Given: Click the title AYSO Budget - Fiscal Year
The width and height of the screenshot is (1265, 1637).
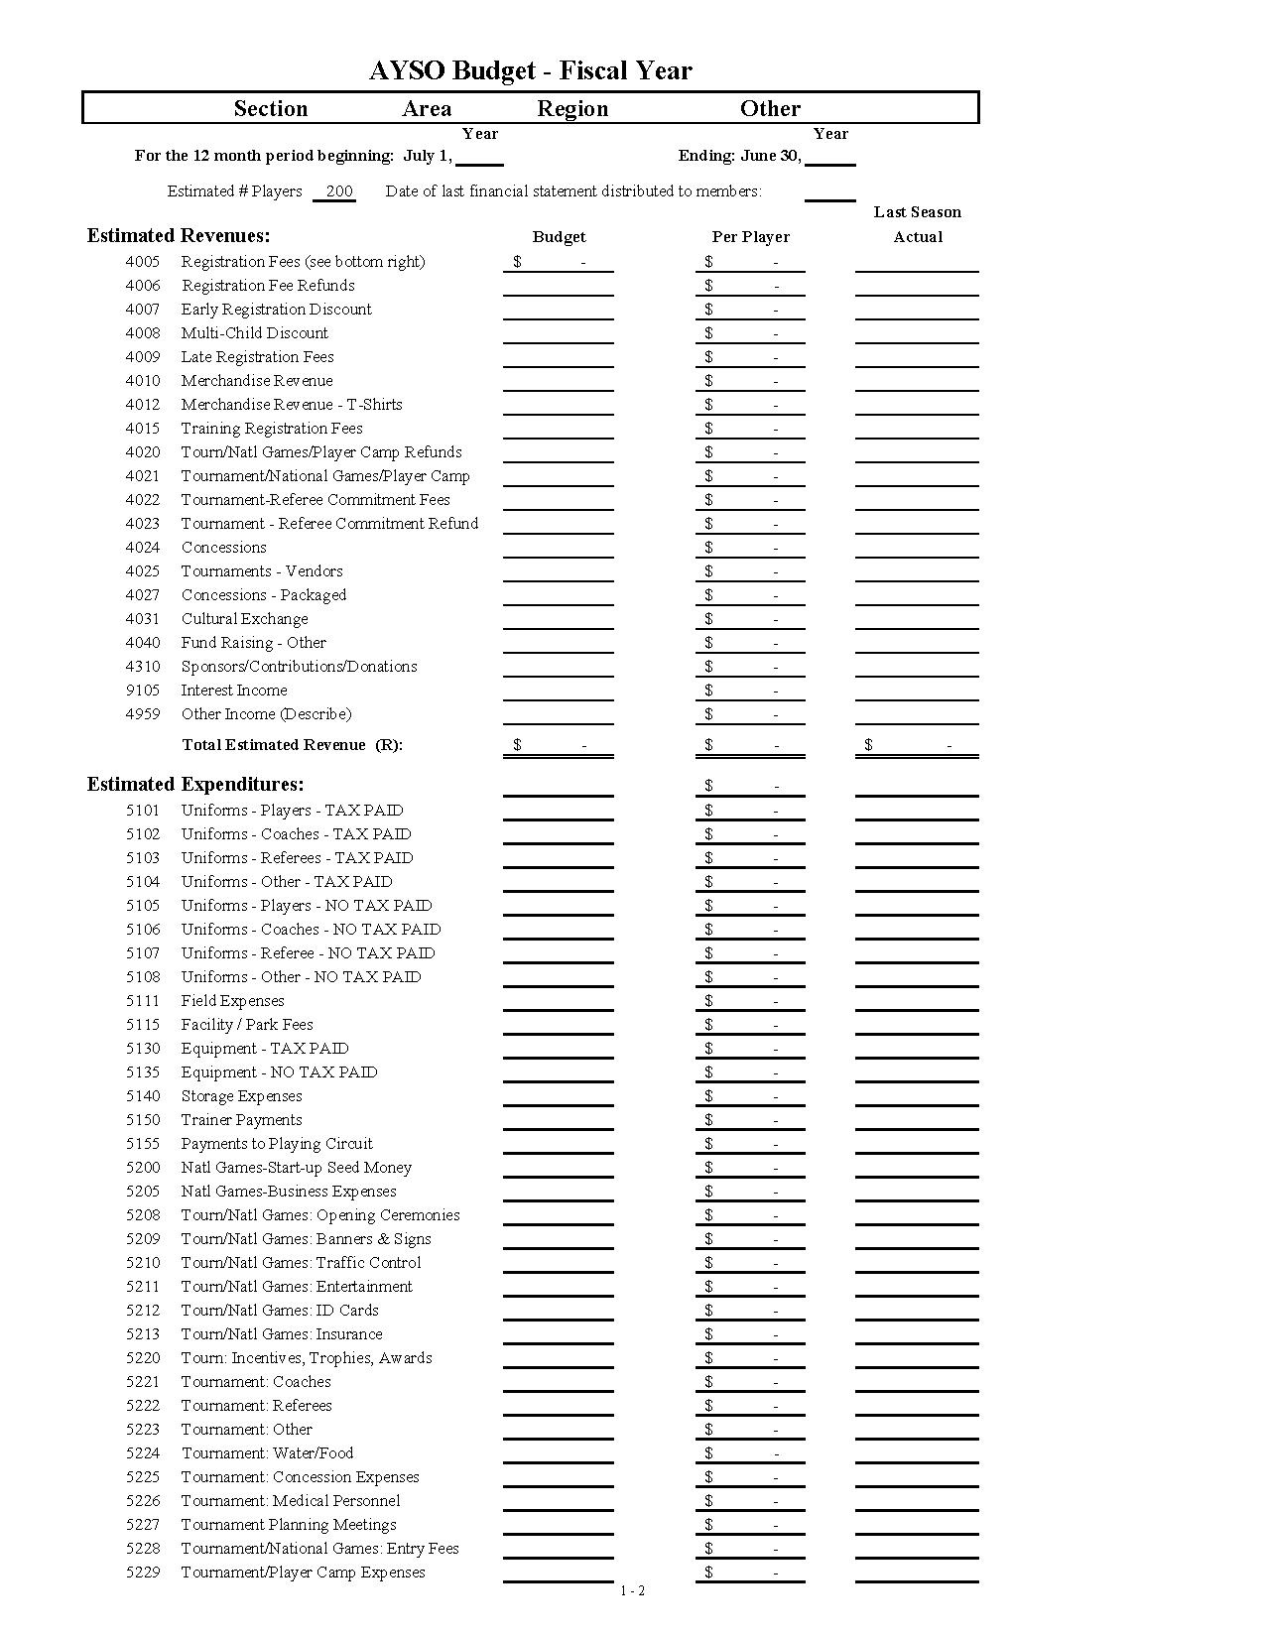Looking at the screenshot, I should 530,70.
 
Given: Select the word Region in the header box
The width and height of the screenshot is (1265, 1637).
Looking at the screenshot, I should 572,108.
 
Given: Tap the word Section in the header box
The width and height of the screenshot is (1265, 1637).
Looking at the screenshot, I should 270,108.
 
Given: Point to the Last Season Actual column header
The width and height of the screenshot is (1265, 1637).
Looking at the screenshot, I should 917,224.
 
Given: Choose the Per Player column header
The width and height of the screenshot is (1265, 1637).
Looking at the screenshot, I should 750,237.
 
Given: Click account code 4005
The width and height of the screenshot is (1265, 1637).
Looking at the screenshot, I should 142,262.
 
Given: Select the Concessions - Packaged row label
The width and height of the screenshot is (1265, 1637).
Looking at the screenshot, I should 263,595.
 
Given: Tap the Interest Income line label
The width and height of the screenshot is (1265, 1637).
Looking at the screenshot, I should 233,691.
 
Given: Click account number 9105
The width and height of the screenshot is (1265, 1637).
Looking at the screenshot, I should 142,691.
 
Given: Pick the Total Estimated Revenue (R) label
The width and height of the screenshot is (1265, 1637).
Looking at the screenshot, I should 292,745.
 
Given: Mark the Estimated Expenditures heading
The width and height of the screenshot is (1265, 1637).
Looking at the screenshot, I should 195,784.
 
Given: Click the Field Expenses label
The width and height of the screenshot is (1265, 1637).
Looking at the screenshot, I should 232,1001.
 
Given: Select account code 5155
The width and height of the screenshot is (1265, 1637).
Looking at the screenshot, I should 142,1144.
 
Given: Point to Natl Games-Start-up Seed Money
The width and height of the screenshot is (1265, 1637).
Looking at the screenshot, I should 296,1168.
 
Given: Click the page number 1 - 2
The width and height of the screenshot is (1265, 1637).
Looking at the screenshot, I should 632,1591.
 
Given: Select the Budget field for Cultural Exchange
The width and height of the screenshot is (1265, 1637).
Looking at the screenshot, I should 558,619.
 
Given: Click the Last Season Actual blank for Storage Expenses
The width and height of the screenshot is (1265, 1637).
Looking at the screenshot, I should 916,1096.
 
